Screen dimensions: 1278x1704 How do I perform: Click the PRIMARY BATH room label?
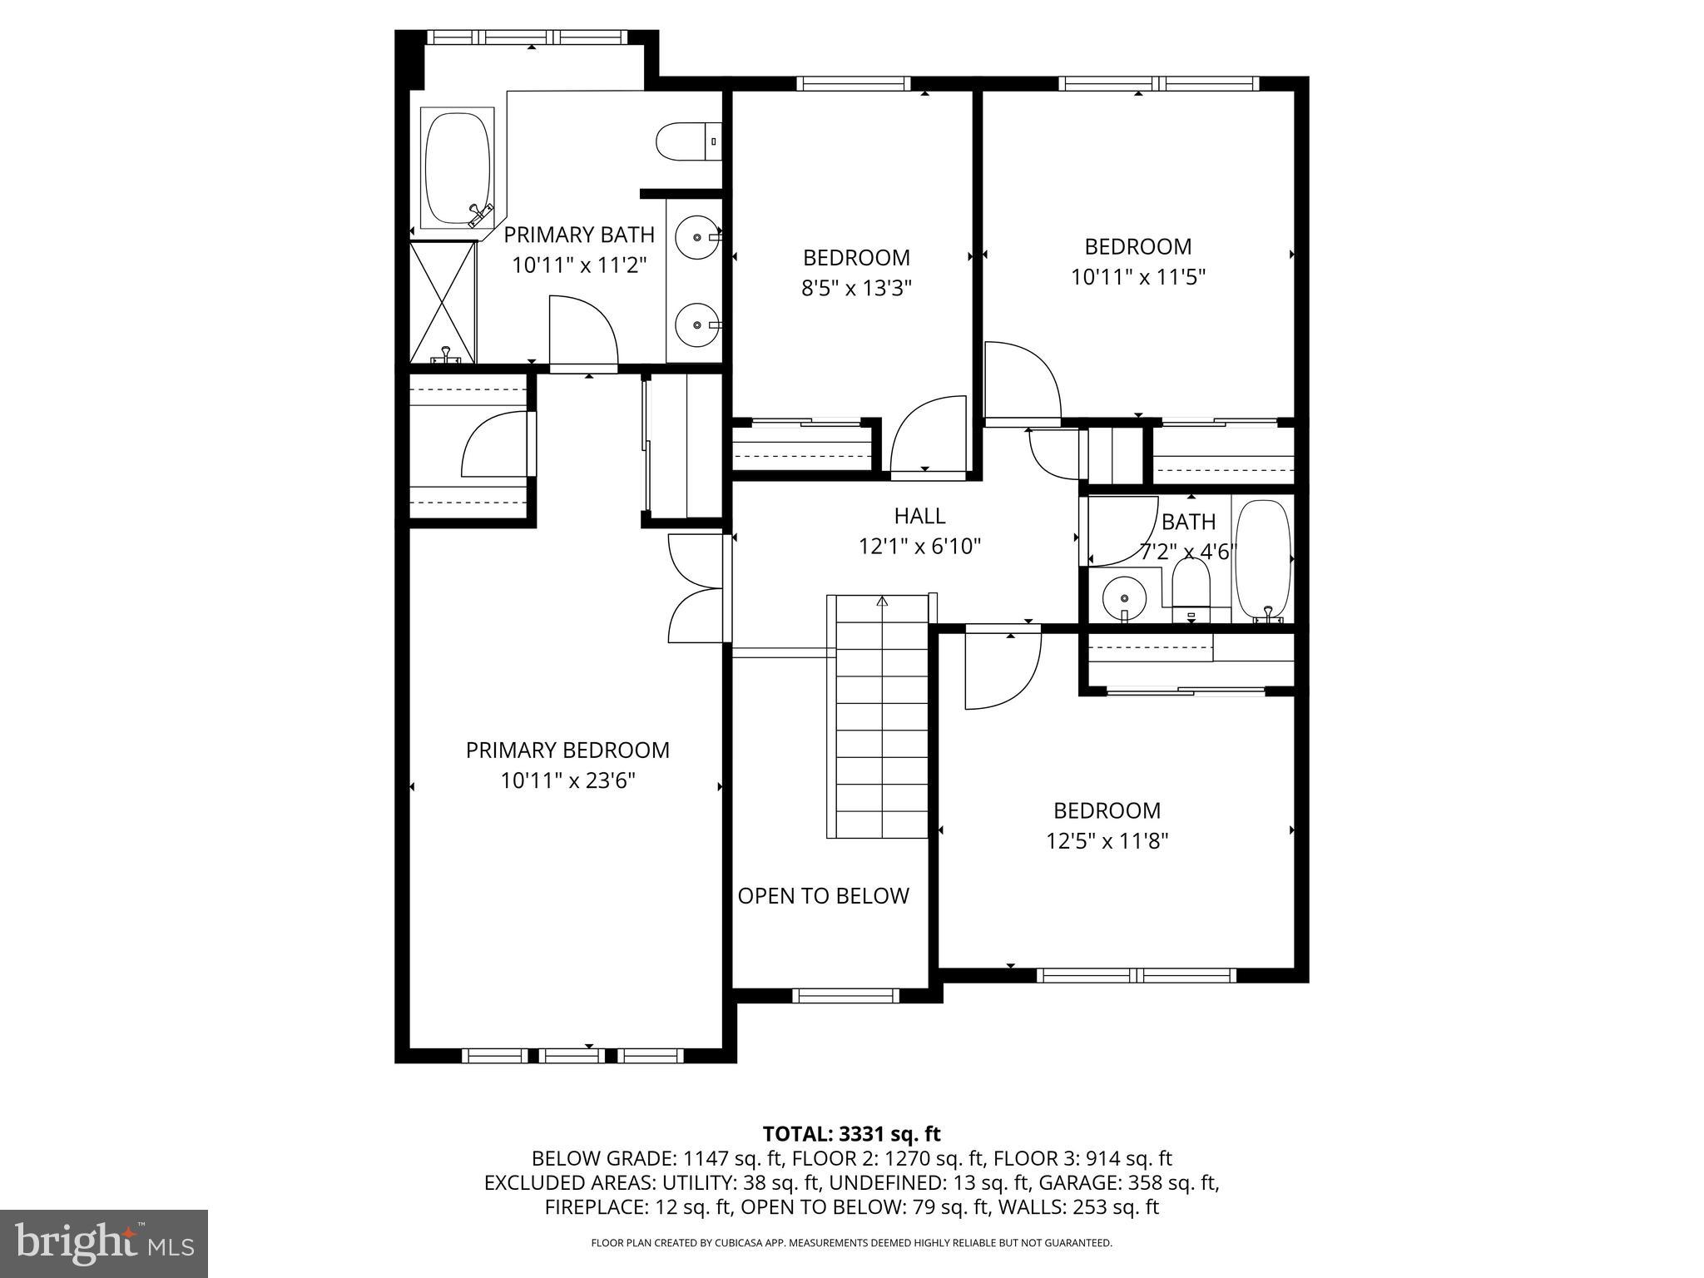pos(579,235)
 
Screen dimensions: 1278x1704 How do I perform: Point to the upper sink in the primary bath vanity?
pos(696,238)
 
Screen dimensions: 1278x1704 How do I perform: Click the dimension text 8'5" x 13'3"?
pos(856,288)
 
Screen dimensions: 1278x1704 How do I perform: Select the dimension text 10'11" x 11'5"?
pos(1137,276)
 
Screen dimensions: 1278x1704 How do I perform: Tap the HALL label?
pos(919,516)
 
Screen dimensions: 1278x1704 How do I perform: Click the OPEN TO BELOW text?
pos(823,896)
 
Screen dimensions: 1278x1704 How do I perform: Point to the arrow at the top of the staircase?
pos(882,600)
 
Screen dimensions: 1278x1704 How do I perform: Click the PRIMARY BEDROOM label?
pos(567,750)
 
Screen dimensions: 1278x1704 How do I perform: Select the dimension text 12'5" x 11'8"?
pos(1107,841)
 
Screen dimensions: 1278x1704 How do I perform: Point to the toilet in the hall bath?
pos(1191,587)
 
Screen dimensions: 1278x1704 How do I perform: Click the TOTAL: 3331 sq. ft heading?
pos(851,1133)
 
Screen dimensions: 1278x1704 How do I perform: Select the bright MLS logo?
pos(104,1243)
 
